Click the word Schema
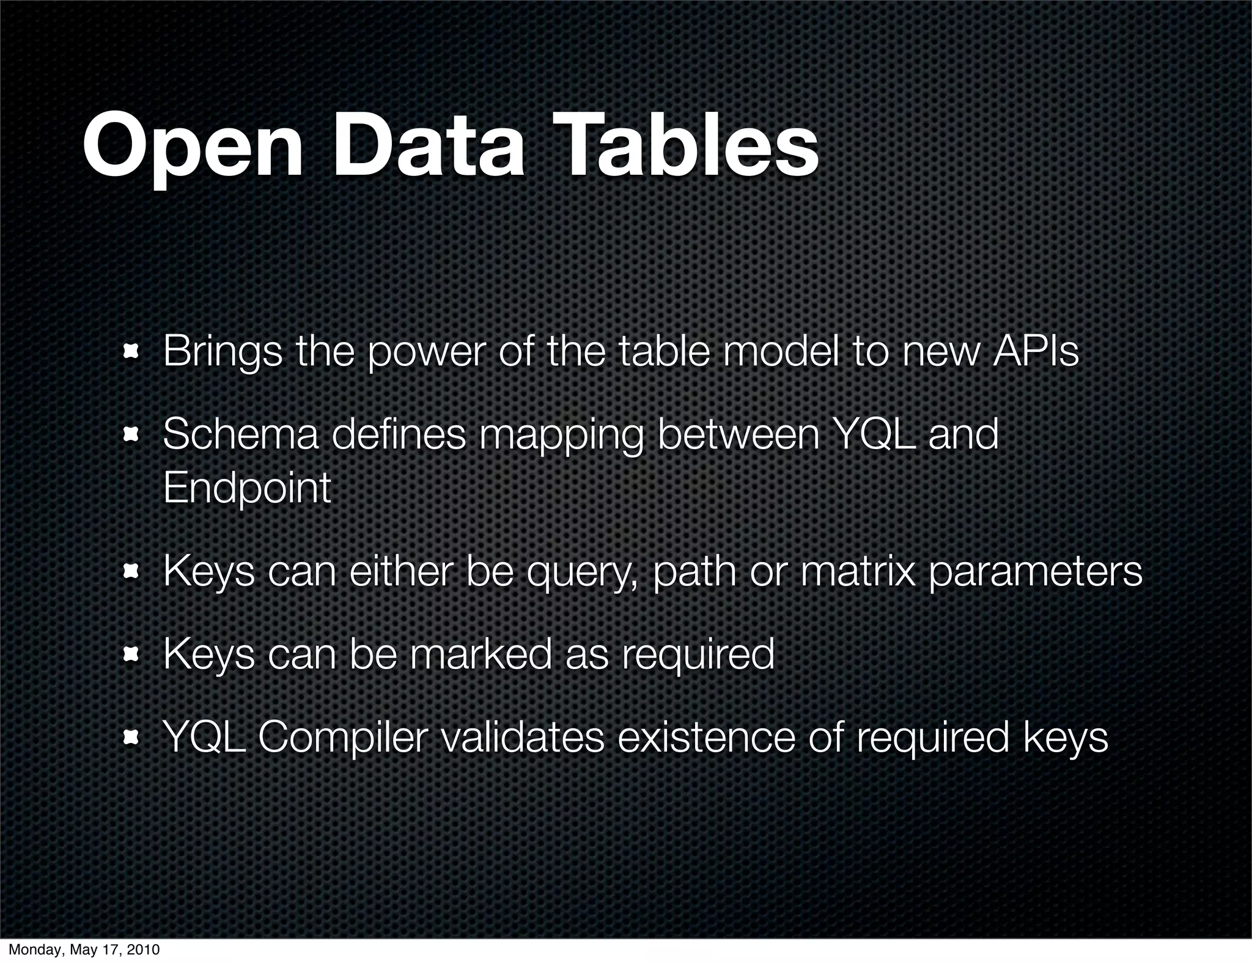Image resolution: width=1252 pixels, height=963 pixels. pyautogui.click(x=240, y=435)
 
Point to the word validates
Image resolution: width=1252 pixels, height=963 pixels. pyautogui.click(x=522, y=737)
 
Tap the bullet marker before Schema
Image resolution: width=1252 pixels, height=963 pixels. pyautogui.click(x=130, y=435)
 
